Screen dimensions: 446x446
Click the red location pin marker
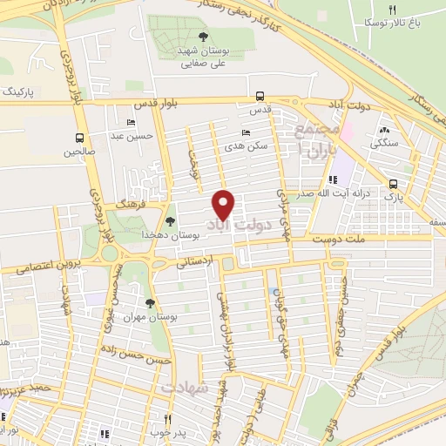coord(224,204)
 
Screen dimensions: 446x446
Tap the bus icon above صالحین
coord(80,138)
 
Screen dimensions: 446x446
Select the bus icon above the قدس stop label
coord(260,97)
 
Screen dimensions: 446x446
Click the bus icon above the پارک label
coord(394,185)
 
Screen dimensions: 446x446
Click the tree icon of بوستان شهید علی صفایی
coord(203,37)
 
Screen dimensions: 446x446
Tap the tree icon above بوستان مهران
coord(150,302)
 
